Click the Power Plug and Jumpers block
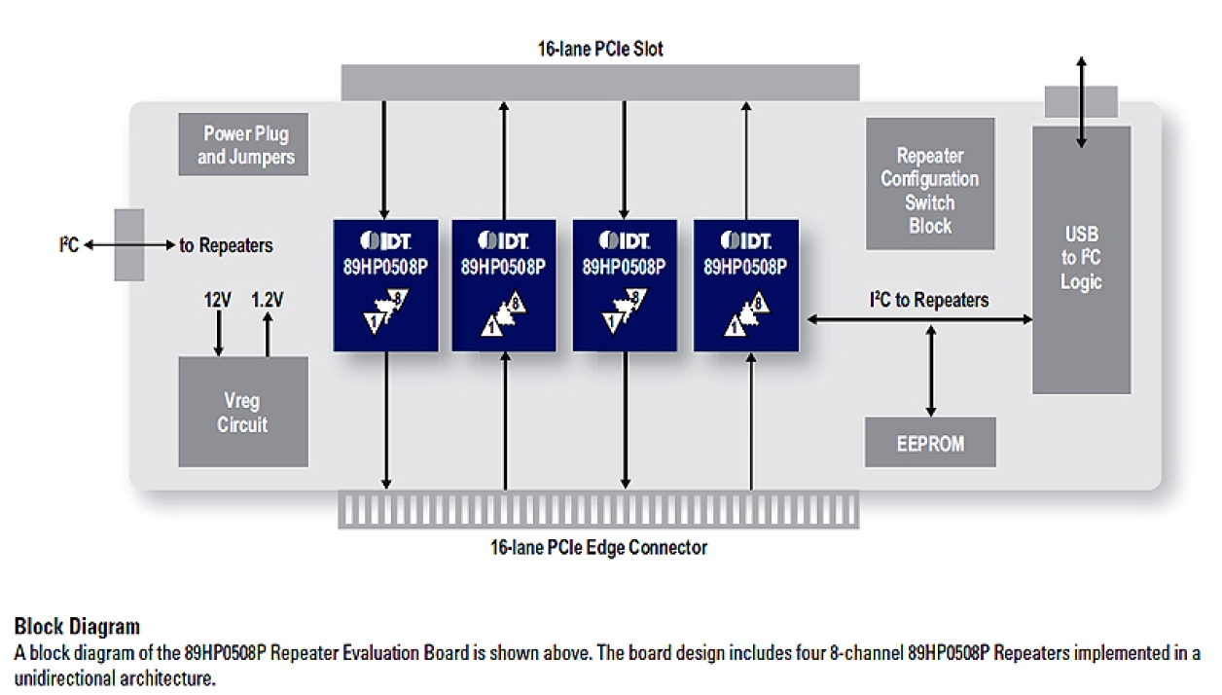pyautogui.click(x=243, y=145)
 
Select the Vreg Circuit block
pyautogui.click(x=242, y=412)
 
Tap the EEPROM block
pyautogui.click(x=930, y=443)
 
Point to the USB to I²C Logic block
pyautogui.click(x=1081, y=259)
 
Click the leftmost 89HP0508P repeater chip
pyautogui.click(x=385, y=285)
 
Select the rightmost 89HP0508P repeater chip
pyautogui.click(x=746, y=285)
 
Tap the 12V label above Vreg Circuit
pyautogui.click(x=218, y=301)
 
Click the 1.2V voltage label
pyautogui.click(x=268, y=301)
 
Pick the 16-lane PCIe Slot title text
pyautogui.click(x=600, y=48)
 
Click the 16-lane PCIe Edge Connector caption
pyautogui.click(x=598, y=547)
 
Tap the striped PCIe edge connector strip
pyautogui.click(x=598, y=510)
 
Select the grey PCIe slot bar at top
pyautogui.click(x=600, y=82)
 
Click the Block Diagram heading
pyautogui.click(x=77, y=626)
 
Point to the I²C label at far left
pyautogui.click(x=67, y=245)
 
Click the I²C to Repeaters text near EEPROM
pyautogui.click(x=928, y=300)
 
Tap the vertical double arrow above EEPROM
pyautogui.click(x=931, y=370)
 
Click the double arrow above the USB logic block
pyautogui.click(x=1081, y=101)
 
